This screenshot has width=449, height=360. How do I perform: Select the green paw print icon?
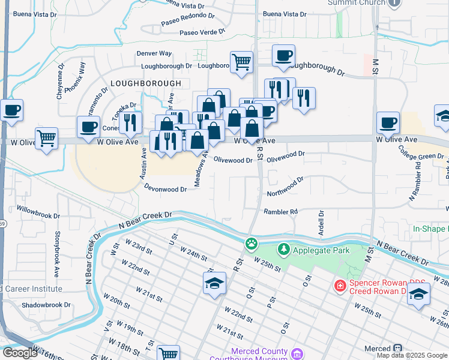pyautogui.click(x=250, y=244)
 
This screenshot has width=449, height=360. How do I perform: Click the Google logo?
pyautogui.click(x=19, y=353)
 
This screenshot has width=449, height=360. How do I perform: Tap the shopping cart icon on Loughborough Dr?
pyautogui.click(x=241, y=61)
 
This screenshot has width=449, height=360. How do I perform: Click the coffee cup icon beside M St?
pyautogui.click(x=388, y=122)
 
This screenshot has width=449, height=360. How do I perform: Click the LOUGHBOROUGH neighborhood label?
pyautogui.click(x=145, y=83)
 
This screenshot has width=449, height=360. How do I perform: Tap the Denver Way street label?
pyautogui.click(x=154, y=53)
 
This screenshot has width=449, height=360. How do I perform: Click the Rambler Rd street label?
pyautogui.click(x=281, y=211)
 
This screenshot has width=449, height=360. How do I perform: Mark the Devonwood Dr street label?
pyautogui.click(x=166, y=188)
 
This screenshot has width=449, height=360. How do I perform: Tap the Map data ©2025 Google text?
pyautogui.click(x=412, y=355)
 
